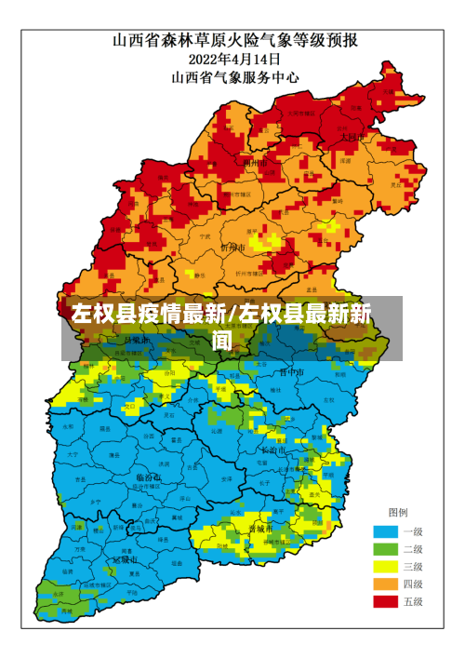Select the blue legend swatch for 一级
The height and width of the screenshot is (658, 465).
click(x=385, y=531)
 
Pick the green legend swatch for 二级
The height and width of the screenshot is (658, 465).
click(x=385, y=549)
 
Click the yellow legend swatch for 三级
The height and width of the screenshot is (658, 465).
click(x=385, y=567)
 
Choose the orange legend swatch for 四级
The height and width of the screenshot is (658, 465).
click(x=385, y=584)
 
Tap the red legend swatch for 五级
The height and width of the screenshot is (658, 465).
click(x=385, y=602)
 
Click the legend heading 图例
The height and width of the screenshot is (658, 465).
click(x=397, y=513)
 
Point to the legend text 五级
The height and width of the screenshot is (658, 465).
click(x=412, y=602)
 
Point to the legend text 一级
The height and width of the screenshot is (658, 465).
click(x=412, y=531)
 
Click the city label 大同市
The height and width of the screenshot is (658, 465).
click(x=351, y=136)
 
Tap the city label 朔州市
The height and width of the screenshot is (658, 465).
click(x=256, y=162)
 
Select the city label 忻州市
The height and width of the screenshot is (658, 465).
click(x=232, y=248)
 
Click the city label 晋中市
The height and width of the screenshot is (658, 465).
click(x=291, y=371)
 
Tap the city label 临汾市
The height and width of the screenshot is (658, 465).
click(x=147, y=477)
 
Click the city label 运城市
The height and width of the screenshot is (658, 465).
click(x=125, y=560)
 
